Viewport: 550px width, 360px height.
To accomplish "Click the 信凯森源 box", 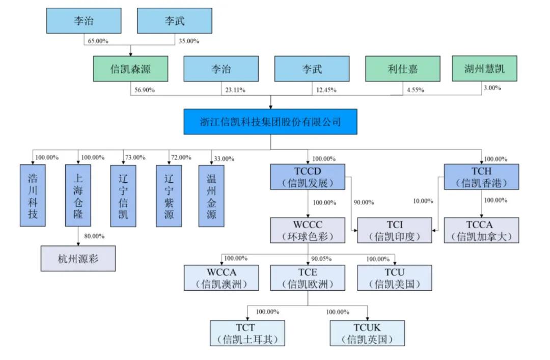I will click(131, 69).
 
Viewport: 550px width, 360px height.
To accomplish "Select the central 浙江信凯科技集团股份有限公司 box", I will click(270, 122).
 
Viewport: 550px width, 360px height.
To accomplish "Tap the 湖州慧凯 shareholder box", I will click(484, 68).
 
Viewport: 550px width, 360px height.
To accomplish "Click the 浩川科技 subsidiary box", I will click(33, 196).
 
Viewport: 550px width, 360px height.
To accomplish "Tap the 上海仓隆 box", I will click(78, 196).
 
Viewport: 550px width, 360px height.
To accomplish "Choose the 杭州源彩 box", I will click(78, 259).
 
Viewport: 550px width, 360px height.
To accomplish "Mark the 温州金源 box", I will click(212, 196).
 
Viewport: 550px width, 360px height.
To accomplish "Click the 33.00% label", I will click(224, 158).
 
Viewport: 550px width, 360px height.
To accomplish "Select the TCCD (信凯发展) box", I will click(308, 177).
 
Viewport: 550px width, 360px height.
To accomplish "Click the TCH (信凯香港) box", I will click(481, 177).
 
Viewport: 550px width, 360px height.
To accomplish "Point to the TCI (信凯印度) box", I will click(395, 230).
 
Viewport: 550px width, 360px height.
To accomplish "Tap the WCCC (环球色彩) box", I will click(308, 230).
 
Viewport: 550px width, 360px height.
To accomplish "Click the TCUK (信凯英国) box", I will click(367, 333).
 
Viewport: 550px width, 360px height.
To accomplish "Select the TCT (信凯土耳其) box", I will click(248, 333).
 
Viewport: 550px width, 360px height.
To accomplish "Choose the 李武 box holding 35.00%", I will click(175, 21).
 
